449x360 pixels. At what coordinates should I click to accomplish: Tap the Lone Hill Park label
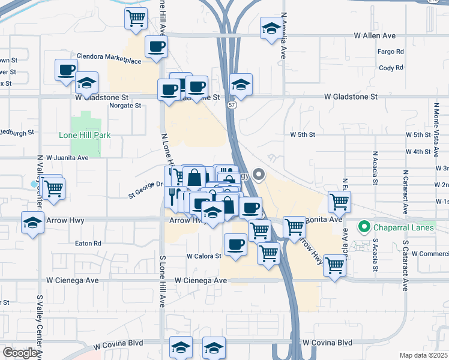click(x=85, y=136)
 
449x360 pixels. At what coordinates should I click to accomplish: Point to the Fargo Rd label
click(x=390, y=52)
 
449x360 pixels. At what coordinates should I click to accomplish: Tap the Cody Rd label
click(x=391, y=68)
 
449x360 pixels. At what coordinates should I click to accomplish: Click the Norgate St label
click(x=125, y=106)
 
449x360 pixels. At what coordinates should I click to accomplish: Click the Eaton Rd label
click(x=88, y=244)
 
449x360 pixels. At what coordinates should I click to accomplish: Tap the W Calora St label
click(x=204, y=256)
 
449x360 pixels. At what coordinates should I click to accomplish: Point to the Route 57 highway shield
click(x=232, y=105)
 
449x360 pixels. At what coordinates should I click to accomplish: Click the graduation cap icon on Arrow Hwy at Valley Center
click(x=32, y=223)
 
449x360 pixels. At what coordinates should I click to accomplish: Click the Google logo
click(x=20, y=353)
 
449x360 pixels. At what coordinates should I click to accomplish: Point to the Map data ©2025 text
click(x=424, y=355)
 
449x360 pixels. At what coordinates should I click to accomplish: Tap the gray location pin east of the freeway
click(x=259, y=175)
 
